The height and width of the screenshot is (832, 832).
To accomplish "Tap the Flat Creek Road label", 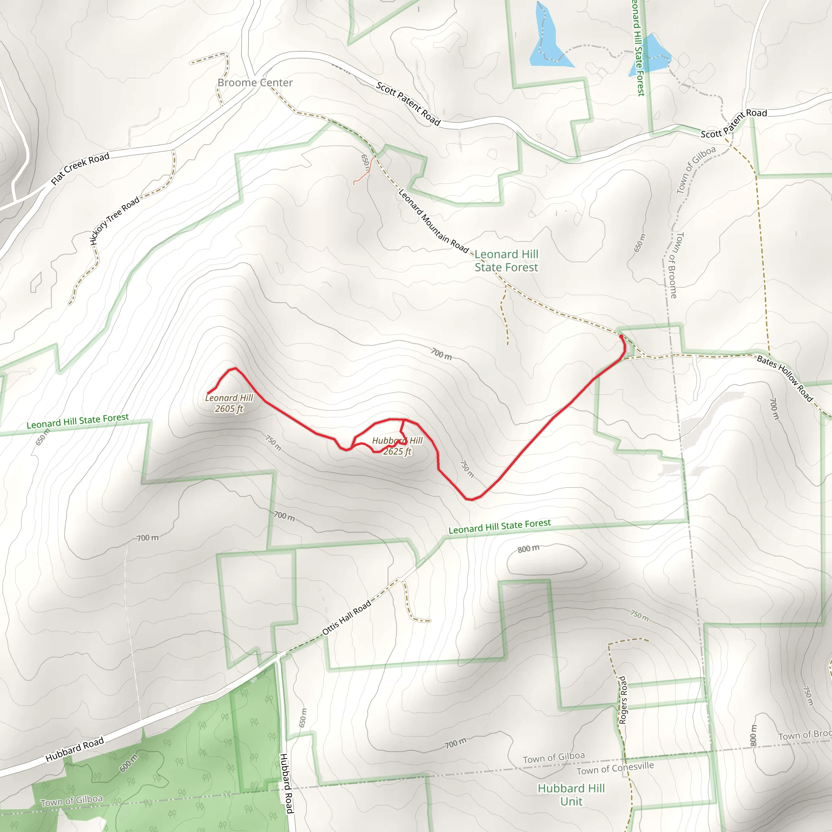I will pos(80,168).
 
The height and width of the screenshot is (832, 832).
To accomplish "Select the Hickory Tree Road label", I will pos(115,221).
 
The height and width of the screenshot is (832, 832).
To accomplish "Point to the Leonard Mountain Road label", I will pos(433,221).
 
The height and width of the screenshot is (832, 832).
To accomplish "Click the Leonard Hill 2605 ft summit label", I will pos(229,403).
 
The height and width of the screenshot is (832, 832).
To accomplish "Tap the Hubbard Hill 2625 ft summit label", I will pos(397,446).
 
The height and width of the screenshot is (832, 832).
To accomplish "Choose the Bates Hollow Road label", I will pos(784,379).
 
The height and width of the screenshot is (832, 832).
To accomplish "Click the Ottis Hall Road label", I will pos(346,617).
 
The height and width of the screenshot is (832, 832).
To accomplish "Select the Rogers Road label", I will pos(622,700).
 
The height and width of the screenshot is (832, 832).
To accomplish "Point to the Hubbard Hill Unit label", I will pos(571,795).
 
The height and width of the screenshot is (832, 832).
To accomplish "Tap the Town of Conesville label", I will pos(615,768).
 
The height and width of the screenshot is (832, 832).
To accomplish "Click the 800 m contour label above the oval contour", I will pos(529,548).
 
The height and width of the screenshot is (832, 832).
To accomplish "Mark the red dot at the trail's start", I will pos(621,336).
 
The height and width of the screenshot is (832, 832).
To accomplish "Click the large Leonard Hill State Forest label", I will pos(507,261).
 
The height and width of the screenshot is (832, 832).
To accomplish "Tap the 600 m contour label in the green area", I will pos(129,763).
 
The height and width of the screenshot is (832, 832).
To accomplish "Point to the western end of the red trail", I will pos(208,393).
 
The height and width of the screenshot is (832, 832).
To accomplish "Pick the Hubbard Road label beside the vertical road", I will pos(286,783).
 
